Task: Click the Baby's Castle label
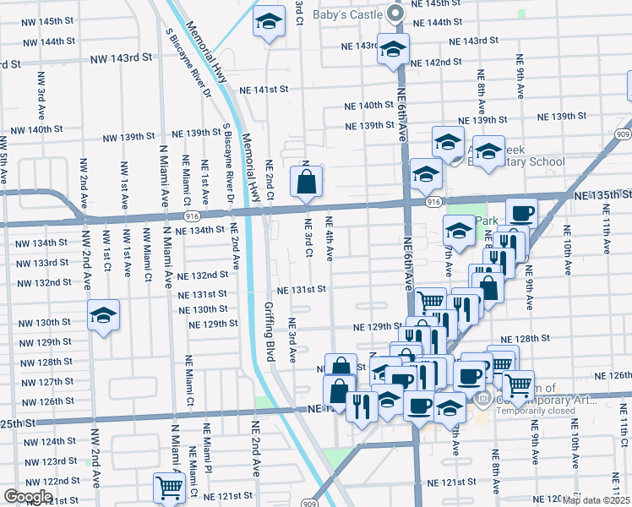point(349,13)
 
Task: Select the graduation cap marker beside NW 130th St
point(104,315)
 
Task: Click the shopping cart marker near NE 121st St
point(170,488)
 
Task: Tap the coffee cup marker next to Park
point(521,212)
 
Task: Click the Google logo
point(28,497)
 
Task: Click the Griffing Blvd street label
point(270,332)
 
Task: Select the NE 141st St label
point(264,89)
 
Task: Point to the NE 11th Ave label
point(607,233)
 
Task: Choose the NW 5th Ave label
point(5,161)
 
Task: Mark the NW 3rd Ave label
point(41,95)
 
